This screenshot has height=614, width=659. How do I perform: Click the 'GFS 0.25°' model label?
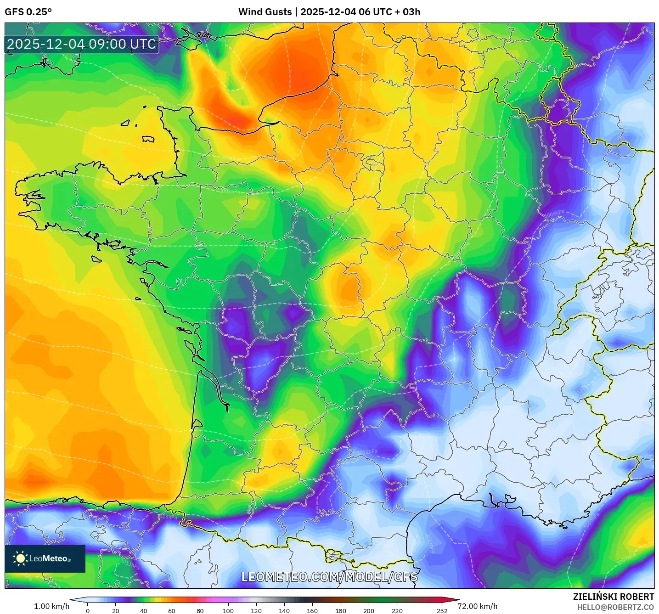[x=28, y=12]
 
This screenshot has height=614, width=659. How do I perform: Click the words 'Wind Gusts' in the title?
[x=264, y=12]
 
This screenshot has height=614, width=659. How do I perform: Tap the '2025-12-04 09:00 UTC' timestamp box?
[x=82, y=45]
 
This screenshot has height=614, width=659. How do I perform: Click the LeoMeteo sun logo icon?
[x=21, y=558]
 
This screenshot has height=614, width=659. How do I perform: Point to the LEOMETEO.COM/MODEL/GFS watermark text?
[x=329, y=577]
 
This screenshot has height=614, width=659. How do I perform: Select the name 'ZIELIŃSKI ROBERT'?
[x=613, y=597]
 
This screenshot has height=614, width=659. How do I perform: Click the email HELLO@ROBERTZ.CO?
[x=615, y=607]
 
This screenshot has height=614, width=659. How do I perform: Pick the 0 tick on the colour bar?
[x=88, y=611]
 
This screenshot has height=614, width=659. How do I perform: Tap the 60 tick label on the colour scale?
[x=172, y=611]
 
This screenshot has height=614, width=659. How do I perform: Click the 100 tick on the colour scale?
[x=228, y=611]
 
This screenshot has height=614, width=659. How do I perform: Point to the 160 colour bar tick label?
[x=312, y=611]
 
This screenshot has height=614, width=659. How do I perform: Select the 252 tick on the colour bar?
[x=442, y=611]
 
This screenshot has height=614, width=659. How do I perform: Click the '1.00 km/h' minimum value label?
[x=51, y=606]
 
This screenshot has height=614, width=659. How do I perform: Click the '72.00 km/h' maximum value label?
[x=478, y=606]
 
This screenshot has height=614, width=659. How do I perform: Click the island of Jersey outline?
[x=148, y=139]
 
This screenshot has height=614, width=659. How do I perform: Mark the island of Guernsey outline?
[x=126, y=123]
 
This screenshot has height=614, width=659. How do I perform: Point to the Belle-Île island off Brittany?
[x=96, y=259]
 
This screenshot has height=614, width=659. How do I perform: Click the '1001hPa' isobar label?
[x=229, y=191]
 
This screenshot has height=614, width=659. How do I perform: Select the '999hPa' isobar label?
[x=228, y=158]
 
